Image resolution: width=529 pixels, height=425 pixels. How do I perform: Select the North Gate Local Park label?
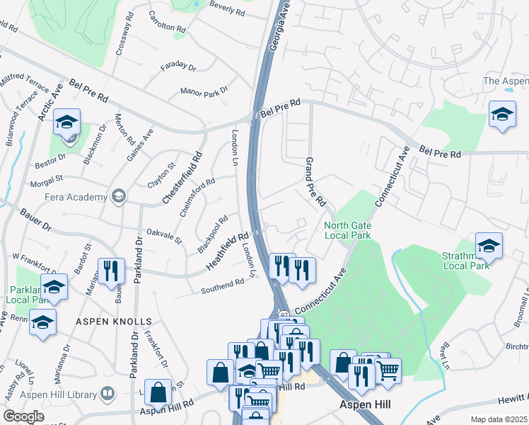[347, 231]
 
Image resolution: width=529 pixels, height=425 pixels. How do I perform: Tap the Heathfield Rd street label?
[228, 251]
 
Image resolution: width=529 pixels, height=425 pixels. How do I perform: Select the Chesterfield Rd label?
[181, 178]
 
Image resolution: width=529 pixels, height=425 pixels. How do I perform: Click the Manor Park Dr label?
[204, 92]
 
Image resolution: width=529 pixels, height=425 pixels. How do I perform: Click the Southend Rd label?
[222, 286]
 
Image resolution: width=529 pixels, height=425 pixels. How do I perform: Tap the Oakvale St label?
[164, 232]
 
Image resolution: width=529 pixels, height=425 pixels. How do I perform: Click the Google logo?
[24, 416]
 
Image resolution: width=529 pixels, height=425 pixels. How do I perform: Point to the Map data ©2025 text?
[499, 419]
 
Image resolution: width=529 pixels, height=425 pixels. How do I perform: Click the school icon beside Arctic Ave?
[67, 123]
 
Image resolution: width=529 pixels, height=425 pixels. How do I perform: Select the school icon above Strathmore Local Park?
[502, 114]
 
